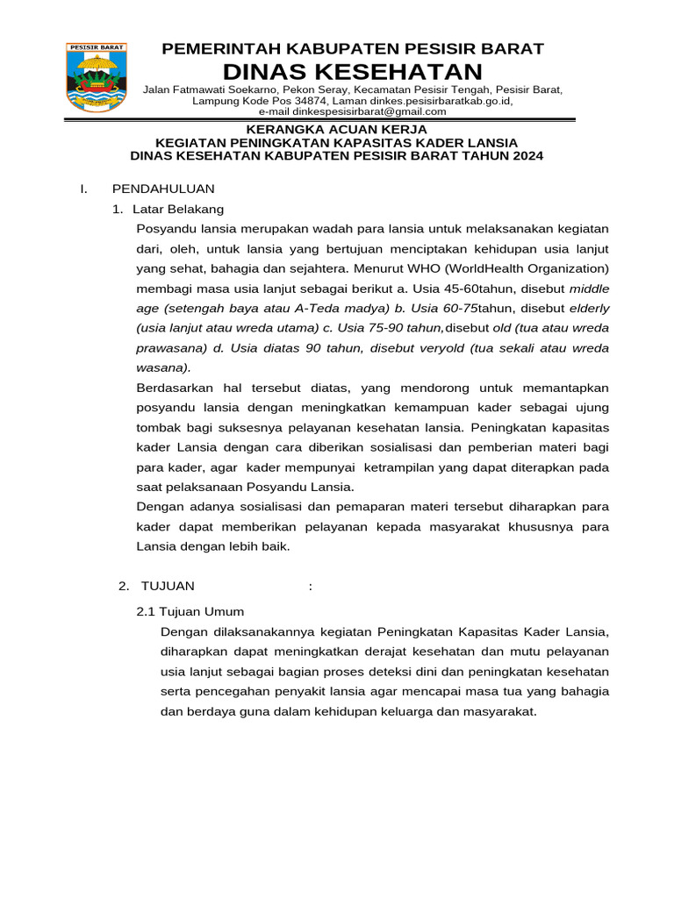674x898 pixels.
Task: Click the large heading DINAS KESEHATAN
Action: tap(353, 71)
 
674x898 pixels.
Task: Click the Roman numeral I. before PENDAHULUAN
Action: tap(82, 189)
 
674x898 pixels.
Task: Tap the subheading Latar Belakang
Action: tap(178, 209)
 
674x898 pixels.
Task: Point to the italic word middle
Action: tap(589, 288)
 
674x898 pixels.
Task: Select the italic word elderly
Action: tap(589, 308)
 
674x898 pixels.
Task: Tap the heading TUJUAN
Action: tap(168, 586)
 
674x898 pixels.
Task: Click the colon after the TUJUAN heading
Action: tap(311, 586)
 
